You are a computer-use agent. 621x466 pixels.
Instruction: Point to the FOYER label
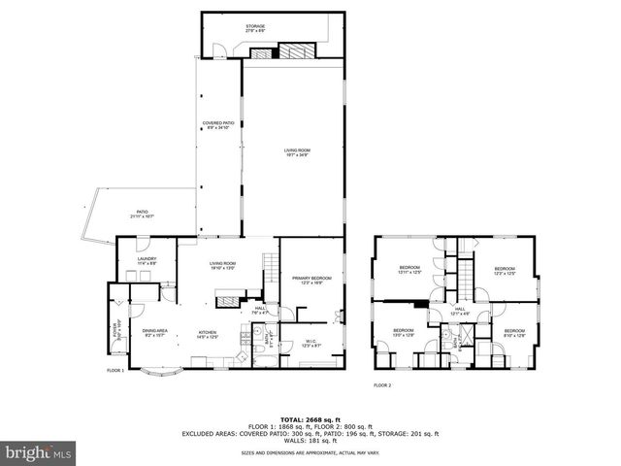pos(114,330)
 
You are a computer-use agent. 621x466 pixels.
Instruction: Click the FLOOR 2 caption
pos(382,385)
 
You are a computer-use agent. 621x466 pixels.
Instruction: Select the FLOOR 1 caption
pos(115,371)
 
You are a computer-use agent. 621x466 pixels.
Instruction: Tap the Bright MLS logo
pos(39,452)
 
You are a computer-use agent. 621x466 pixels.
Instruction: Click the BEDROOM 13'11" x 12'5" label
pos(411,271)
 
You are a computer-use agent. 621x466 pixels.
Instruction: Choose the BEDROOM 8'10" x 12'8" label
pos(514,334)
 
